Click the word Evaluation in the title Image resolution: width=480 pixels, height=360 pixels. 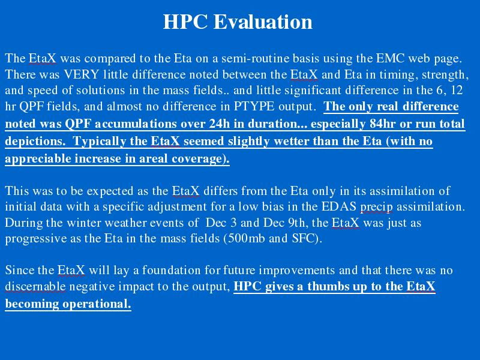tap(263, 22)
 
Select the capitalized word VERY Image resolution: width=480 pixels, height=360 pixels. tap(82, 74)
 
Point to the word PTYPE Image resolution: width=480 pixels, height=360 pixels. tap(254, 106)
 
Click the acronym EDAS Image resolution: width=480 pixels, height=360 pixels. tap(339, 206)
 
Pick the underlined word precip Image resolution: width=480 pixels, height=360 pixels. tap(377, 207)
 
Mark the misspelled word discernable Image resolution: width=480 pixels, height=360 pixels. tap(35, 287)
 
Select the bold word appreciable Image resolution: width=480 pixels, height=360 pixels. tap(38, 159)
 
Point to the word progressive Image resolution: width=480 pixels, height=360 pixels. tap(36, 239)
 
